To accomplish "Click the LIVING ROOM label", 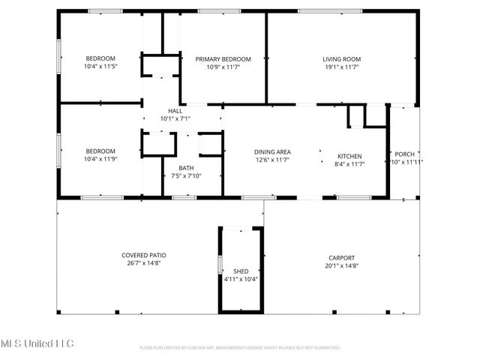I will pos(341,58).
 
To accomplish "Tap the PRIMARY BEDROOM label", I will pos(223,58).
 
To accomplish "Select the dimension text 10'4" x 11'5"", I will pos(100,66).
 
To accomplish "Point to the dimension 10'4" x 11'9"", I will pos(100,158).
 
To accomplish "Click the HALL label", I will pos(175,110).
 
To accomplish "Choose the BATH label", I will pos(187,168).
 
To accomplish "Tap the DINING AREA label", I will pos(272,152).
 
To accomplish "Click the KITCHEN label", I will pos(349,156).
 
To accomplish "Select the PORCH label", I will pos(404,154).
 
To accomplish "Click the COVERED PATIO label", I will pos(143,256).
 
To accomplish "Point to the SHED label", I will pos(241,271).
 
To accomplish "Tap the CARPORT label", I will pos(340,257).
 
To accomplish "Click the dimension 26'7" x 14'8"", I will pos(143,263).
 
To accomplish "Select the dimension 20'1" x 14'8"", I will pos(340,265).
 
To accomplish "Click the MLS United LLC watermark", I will pos(37,343).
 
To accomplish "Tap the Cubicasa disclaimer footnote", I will pos(240,348).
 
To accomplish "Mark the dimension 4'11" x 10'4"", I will pos(241,278).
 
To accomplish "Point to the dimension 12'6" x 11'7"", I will pos(272,160).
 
